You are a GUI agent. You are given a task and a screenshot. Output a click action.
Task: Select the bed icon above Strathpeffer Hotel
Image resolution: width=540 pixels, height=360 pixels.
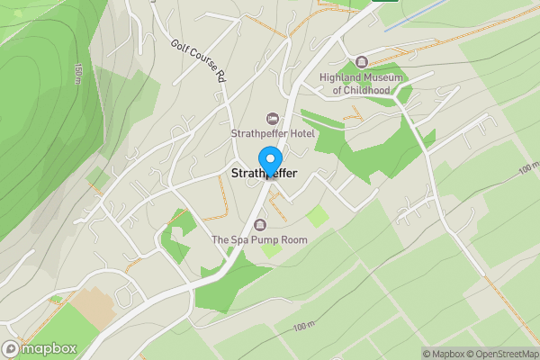pos(273,119)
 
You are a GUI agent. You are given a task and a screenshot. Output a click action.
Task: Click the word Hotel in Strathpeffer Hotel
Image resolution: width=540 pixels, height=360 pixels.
pos(298,134)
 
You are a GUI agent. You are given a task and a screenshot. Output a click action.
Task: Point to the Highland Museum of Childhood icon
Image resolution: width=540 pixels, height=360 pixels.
pos(362,61)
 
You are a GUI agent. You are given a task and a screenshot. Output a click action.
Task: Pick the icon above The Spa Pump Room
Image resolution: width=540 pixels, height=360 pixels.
pos(260,224)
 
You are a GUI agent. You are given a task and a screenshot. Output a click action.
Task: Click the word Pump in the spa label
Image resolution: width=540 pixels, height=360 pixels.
pos(263,240)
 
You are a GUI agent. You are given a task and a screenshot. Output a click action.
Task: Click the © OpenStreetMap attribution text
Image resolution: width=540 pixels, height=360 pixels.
pos(498,353)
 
